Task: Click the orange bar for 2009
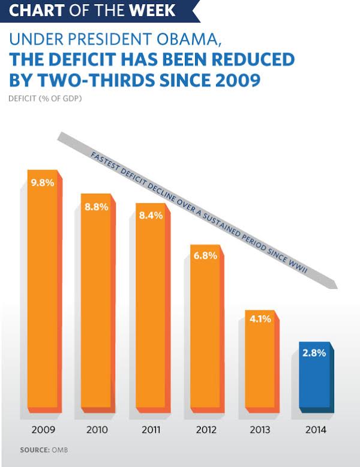click(x=43, y=294)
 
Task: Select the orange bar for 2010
click(x=97, y=306)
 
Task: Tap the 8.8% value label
click(x=97, y=207)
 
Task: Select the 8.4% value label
click(x=151, y=216)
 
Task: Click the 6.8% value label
click(x=206, y=255)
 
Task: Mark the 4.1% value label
click(x=260, y=319)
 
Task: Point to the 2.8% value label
click(x=314, y=353)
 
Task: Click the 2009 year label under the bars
click(x=43, y=429)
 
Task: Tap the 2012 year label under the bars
click(x=206, y=429)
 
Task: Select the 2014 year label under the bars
click(x=314, y=429)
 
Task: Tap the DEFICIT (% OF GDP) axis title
click(x=46, y=98)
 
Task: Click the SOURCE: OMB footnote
click(x=41, y=449)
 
